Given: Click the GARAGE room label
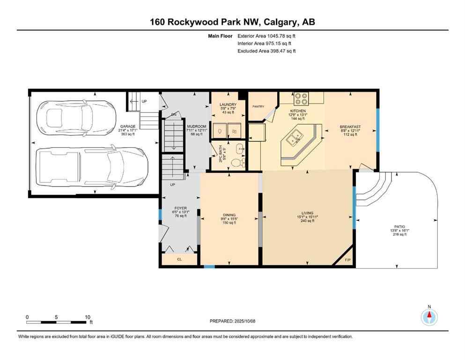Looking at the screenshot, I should coord(128,126).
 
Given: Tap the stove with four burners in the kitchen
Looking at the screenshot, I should coord(301,99).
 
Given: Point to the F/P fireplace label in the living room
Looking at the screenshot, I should coord(347,260).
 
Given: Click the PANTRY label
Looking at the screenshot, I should coord(259,106).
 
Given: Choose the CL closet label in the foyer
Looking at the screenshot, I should coord(179,259).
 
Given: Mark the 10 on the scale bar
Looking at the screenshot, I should coord(87,317).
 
